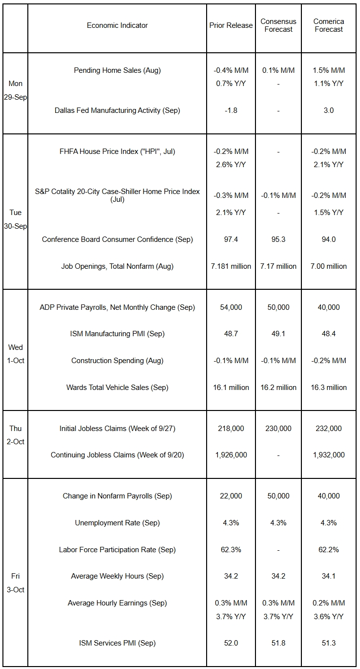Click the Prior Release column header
(x=231, y=25)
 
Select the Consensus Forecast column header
(x=278, y=25)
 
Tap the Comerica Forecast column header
(x=329, y=25)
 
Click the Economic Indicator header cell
(x=117, y=25)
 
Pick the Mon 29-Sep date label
(x=16, y=90)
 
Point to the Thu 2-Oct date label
(x=16, y=435)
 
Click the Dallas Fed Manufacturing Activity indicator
(x=117, y=110)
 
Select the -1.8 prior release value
(x=231, y=110)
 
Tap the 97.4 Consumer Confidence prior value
(x=231, y=239)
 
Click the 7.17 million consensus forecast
(x=278, y=266)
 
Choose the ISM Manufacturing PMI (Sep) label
(x=117, y=334)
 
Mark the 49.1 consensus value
(x=278, y=334)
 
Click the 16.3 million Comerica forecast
(x=329, y=388)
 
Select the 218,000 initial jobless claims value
(x=231, y=429)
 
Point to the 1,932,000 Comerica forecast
(x=329, y=455)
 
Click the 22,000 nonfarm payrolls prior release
(x=231, y=496)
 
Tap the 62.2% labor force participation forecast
(x=329, y=550)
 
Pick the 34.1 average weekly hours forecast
(x=329, y=576)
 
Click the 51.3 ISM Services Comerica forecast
(x=329, y=643)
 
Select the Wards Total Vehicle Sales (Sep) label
(x=117, y=388)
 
